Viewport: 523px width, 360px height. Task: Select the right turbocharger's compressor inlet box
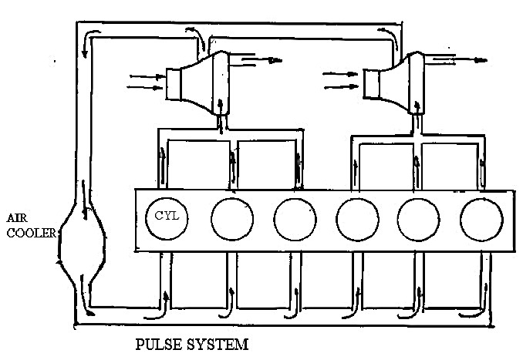click(x=374, y=83)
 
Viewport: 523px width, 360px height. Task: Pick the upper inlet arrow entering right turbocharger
click(x=338, y=75)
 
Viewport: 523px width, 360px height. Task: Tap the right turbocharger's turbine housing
click(x=412, y=82)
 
